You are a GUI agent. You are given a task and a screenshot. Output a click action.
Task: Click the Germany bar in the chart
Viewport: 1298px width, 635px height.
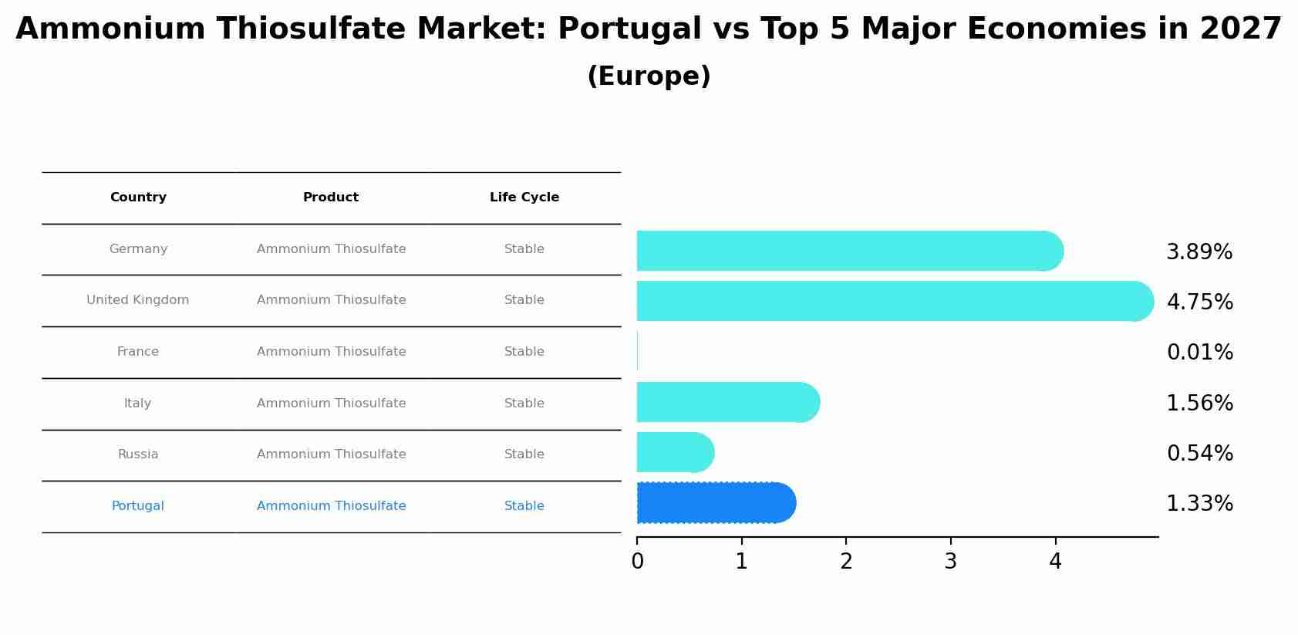(x=848, y=251)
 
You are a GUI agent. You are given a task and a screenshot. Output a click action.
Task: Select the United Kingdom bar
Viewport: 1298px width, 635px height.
(x=895, y=301)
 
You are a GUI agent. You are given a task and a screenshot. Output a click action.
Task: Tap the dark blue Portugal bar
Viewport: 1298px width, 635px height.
(x=716, y=503)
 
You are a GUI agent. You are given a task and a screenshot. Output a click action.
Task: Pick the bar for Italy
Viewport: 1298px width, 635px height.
(x=727, y=402)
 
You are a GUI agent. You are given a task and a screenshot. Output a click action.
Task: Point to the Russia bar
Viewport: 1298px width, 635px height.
(x=675, y=452)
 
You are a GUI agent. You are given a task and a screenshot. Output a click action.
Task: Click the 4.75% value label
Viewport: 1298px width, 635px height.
(x=1199, y=302)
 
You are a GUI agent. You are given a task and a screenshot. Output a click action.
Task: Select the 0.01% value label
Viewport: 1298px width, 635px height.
(x=1199, y=353)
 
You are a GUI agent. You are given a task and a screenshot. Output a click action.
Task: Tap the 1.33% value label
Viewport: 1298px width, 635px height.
(x=1199, y=504)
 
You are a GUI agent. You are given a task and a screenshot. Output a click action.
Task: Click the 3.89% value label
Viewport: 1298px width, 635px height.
(x=1199, y=252)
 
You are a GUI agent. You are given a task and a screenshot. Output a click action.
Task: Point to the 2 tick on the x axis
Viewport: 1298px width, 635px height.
(x=846, y=562)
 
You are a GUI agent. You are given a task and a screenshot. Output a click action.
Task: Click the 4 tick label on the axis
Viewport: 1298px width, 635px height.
(x=1055, y=562)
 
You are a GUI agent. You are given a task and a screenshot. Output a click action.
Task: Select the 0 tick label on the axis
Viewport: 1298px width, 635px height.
(x=637, y=562)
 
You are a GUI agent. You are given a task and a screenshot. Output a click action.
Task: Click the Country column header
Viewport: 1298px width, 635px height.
(x=138, y=198)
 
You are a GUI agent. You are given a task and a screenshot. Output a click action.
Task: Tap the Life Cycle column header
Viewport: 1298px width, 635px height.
(x=524, y=198)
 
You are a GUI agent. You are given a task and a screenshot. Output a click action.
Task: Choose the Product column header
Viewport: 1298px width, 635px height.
(x=331, y=198)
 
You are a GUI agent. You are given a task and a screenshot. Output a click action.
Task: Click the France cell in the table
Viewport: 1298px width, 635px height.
(x=138, y=352)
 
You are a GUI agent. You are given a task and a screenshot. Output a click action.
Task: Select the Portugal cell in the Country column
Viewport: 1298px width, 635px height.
(x=138, y=506)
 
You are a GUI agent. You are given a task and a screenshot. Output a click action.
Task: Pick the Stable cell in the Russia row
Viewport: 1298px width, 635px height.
(x=524, y=454)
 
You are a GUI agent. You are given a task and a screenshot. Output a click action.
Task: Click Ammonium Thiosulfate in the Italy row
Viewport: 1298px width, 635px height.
(x=331, y=404)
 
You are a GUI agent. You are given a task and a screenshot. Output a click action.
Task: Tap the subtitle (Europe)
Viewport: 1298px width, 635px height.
(x=649, y=76)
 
